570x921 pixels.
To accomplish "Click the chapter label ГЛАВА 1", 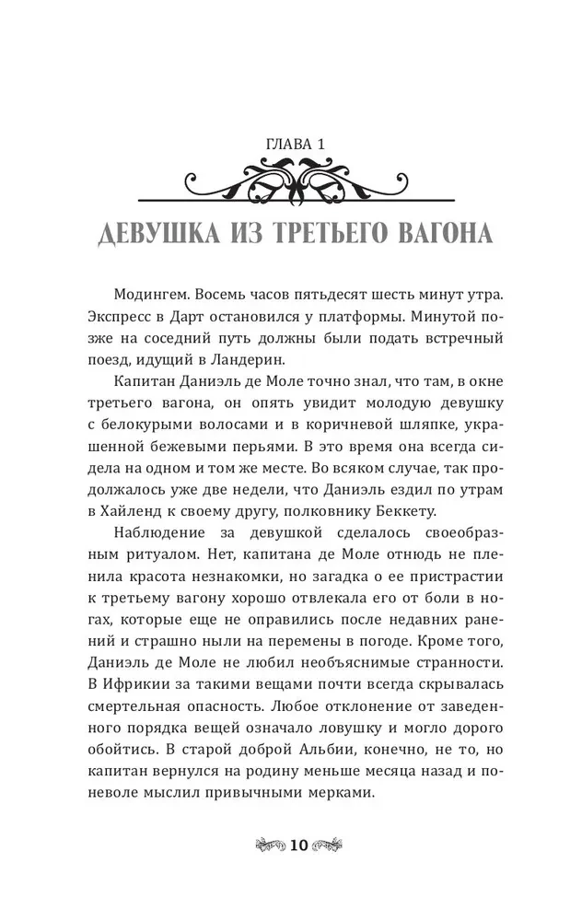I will (x=285, y=145).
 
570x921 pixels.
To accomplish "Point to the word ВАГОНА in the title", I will (x=445, y=232).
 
